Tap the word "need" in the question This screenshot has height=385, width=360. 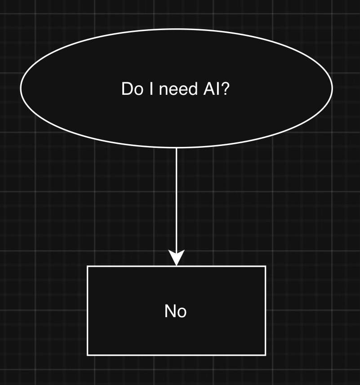(x=178, y=89)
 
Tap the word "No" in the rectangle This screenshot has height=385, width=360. (x=176, y=311)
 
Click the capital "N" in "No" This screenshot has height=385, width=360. (x=170, y=311)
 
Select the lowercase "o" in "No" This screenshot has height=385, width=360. (x=182, y=312)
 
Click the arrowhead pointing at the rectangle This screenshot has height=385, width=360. (x=176, y=259)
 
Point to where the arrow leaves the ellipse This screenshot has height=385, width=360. (x=176, y=148)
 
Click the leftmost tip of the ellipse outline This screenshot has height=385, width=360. (x=21, y=88)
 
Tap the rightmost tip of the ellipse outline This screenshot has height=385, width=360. (x=332, y=88)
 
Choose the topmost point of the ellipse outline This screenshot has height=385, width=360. (x=176, y=29)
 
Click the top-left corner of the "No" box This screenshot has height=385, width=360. (x=87, y=266)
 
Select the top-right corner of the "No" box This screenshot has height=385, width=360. (x=266, y=266)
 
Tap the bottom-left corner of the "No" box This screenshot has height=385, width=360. (x=87, y=355)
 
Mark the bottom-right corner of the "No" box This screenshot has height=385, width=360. (x=266, y=355)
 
